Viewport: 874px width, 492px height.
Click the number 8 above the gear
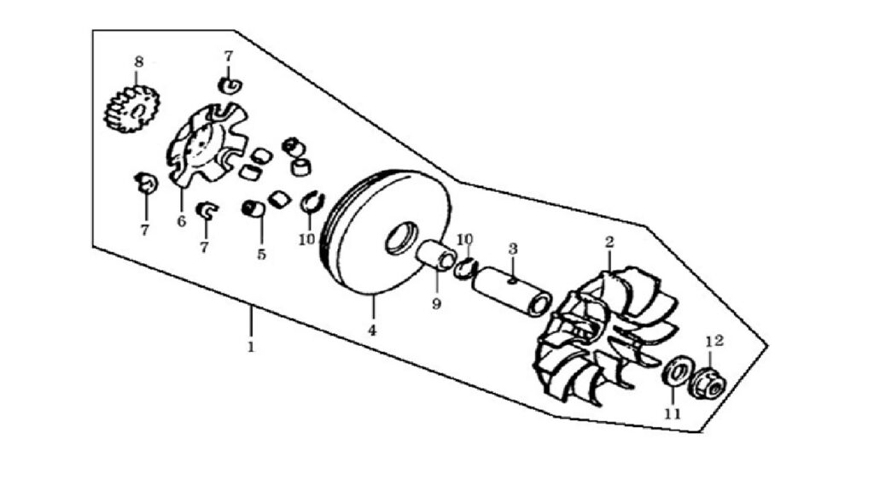(139, 61)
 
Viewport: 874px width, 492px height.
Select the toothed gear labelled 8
(132, 108)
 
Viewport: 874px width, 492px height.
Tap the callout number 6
(181, 221)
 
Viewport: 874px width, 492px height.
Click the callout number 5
(261, 255)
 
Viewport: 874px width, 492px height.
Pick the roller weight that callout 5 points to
(253, 208)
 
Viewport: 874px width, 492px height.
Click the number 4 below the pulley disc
(372, 331)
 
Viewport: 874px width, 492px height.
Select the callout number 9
(436, 304)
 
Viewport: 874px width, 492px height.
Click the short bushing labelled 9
(438, 255)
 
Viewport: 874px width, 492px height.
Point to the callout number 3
(513, 249)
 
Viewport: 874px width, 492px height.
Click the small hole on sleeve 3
(512, 281)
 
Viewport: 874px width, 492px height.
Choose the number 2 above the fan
(609, 242)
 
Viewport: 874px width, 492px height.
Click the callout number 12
(714, 340)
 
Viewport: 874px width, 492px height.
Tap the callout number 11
(673, 413)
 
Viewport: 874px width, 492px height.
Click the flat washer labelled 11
(677, 373)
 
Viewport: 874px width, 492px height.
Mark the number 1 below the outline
(251, 347)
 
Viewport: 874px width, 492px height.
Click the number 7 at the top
(229, 56)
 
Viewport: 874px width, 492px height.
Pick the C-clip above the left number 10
(311, 202)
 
